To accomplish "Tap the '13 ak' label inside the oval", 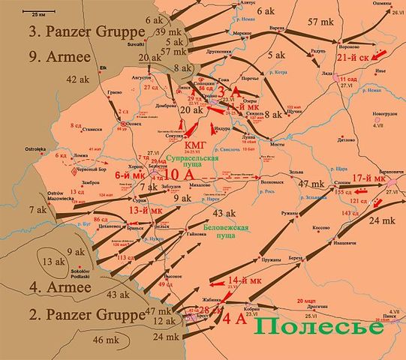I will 53,262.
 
